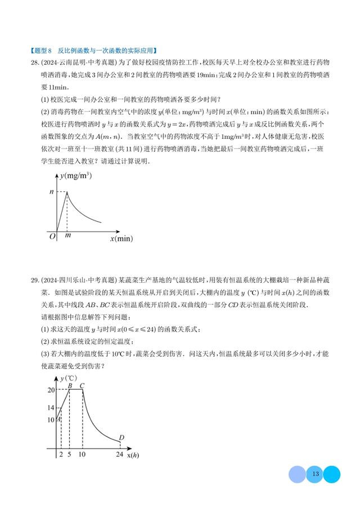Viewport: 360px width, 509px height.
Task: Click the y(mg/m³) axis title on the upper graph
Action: (x=76, y=176)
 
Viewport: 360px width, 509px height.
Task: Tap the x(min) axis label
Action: (x=121, y=238)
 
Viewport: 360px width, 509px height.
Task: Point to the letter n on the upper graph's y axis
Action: (x=52, y=192)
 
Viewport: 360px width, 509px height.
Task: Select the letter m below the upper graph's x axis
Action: (x=67, y=236)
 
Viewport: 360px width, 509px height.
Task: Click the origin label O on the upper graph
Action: (x=52, y=237)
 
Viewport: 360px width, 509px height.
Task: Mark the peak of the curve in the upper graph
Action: (x=67, y=192)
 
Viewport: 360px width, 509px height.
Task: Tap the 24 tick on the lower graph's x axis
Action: (x=119, y=454)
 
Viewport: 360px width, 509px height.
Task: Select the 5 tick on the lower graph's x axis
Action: (x=69, y=454)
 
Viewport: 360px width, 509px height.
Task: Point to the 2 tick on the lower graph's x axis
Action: (x=60, y=454)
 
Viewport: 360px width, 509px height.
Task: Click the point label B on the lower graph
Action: (x=70, y=385)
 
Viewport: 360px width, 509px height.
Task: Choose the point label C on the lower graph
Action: (x=82, y=385)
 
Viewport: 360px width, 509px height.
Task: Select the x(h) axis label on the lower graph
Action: (x=133, y=454)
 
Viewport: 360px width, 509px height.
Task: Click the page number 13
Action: (x=315, y=475)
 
